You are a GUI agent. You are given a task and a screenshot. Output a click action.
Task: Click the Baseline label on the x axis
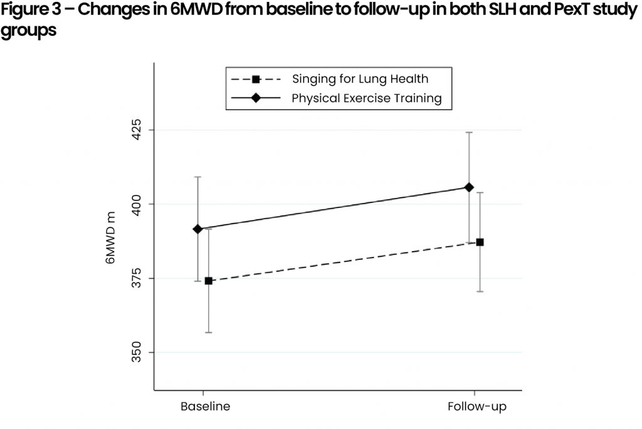click(x=205, y=406)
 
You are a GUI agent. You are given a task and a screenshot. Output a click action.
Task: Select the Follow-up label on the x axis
click(x=476, y=406)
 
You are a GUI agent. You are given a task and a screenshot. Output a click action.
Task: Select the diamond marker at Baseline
click(x=198, y=229)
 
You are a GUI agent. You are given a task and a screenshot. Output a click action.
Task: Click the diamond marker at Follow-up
click(x=469, y=187)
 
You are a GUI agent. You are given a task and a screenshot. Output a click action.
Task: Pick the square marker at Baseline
click(x=209, y=281)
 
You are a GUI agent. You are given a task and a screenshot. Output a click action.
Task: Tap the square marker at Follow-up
click(x=480, y=242)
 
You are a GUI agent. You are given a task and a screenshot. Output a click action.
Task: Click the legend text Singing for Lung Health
click(x=360, y=79)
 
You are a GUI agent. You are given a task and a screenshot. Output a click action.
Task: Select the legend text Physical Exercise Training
click(x=366, y=98)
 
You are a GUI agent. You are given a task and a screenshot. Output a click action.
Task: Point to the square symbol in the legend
click(x=256, y=79)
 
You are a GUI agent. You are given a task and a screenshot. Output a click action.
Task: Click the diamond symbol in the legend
click(x=256, y=98)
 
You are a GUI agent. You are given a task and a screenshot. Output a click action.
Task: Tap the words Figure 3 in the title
click(x=31, y=12)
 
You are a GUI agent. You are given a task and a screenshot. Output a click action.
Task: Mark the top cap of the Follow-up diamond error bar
click(x=469, y=132)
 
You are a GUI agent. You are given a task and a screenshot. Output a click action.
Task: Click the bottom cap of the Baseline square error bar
click(x=209, y=332)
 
